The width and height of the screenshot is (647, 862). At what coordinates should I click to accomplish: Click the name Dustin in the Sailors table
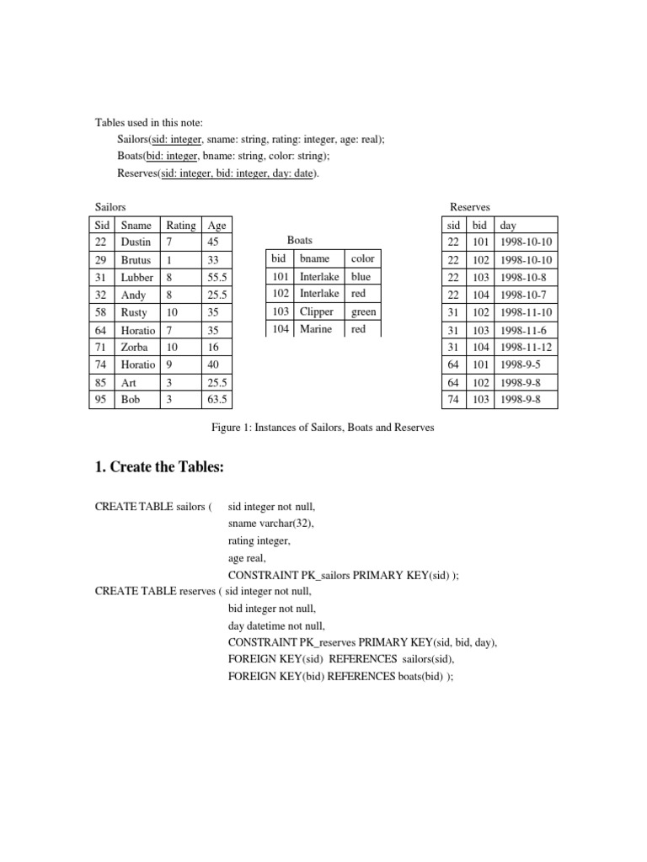click(x=136, y=242)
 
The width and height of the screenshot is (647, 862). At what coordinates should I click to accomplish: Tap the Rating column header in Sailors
click(x=180, y=225)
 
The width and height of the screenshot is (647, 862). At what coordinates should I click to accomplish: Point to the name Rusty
click(x=134, y=312)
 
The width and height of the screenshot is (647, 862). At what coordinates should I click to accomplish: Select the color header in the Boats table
click(x=362, y=258)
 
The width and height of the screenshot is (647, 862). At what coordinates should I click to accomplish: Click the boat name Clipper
click(x=317, y=311)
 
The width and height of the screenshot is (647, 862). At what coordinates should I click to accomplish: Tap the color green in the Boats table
click(x=363, y=311)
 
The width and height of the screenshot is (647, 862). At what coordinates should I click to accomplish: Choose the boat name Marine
click(x=316, y=329)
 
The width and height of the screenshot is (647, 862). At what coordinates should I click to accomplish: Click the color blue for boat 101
click(x=361, y=276)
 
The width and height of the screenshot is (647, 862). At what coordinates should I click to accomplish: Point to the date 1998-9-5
click(x=520, y=364)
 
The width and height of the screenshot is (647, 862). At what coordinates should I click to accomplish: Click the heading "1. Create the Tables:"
click(x=159, y=467)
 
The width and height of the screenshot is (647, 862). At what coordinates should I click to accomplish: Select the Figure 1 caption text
click(x=323, y=428)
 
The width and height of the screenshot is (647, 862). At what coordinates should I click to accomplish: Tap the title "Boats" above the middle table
click(x=300, y=241)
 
